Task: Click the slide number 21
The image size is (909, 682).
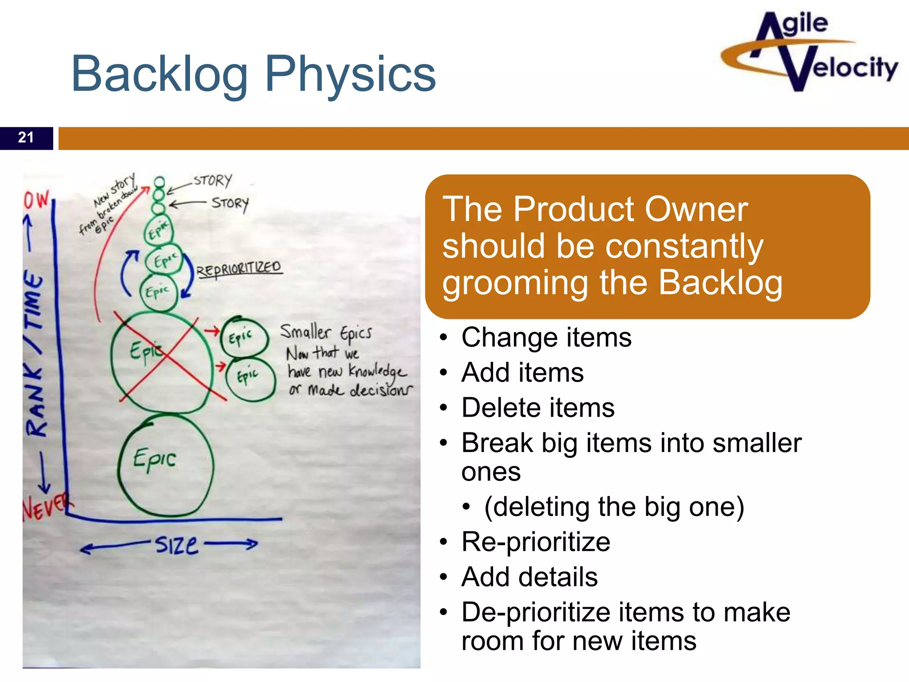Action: click(26, 138)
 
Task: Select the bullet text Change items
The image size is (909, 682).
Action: click(546, 337)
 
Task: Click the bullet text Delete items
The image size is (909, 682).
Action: click(537, 408)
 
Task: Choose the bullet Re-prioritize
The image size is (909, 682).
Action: click(535, 542)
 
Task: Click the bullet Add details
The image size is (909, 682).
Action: click(529, 577)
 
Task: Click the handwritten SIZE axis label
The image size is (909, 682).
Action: click(176, 545)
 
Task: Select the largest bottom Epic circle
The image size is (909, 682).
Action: click(166, 464)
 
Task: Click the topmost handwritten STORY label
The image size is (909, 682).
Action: click(213, 180)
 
